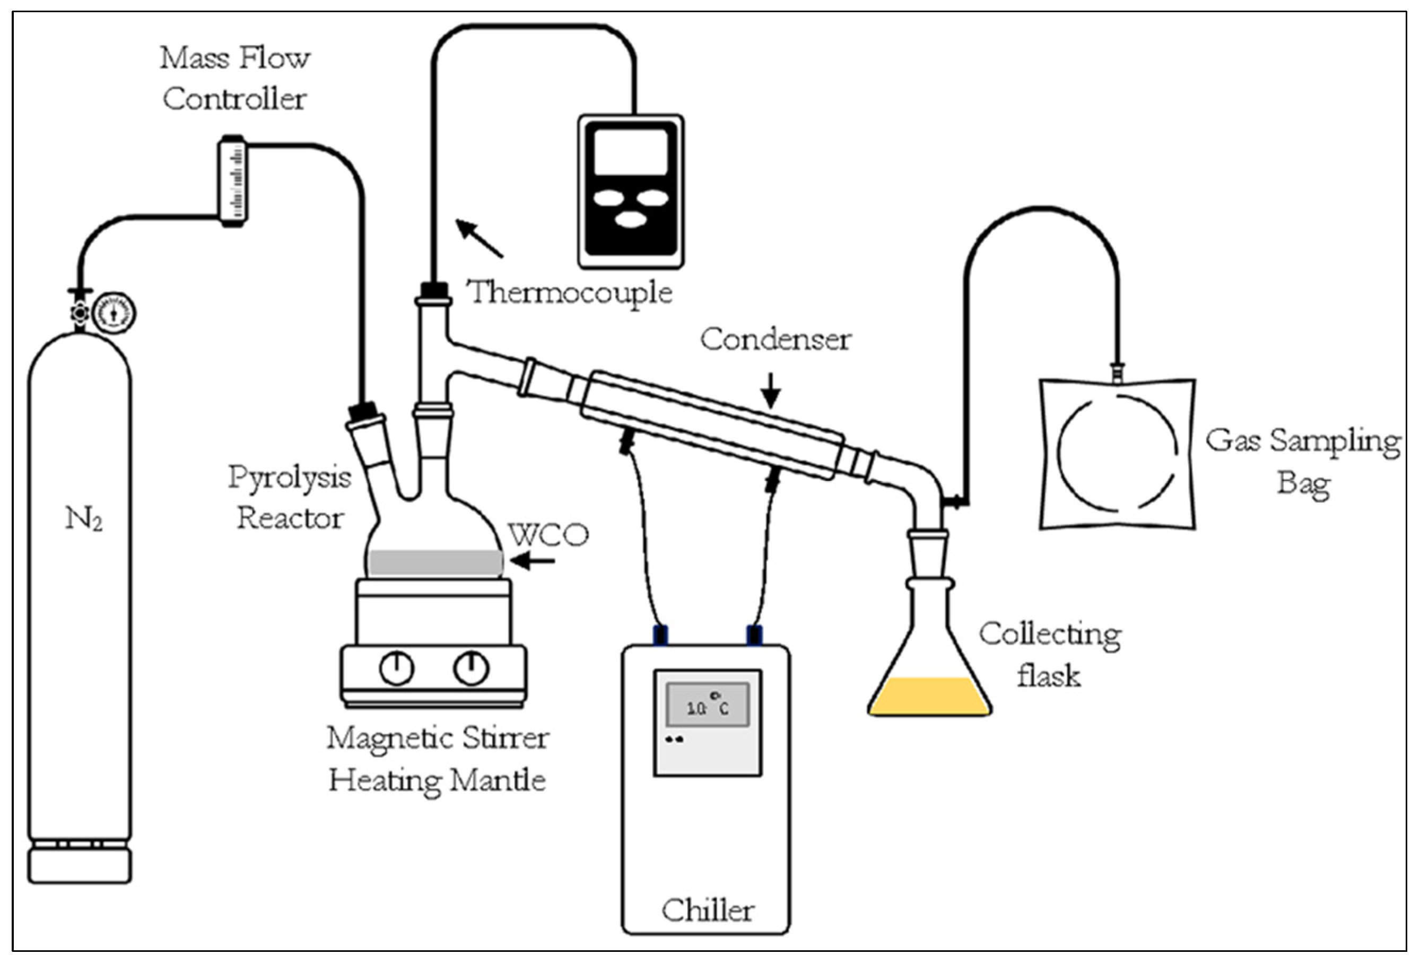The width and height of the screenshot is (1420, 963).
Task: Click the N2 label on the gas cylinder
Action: point(84,519)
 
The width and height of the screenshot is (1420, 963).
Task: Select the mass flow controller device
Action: point(233,181)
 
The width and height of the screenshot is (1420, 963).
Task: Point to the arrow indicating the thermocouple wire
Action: point(479,238)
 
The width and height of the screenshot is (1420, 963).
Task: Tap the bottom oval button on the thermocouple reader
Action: point(631,219)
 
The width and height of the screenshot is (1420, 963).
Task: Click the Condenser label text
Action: point(775,339)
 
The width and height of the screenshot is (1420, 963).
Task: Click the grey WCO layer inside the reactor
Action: point(435,563)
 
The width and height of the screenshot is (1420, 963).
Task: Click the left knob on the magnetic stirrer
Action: point(397,668)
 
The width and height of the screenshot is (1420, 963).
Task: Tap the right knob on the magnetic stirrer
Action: point(471,668)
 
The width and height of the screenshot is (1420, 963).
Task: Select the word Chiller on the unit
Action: point(708,910)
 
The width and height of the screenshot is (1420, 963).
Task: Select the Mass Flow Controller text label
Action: point(234,78)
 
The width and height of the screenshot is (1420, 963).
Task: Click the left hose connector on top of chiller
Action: point(660,636)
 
